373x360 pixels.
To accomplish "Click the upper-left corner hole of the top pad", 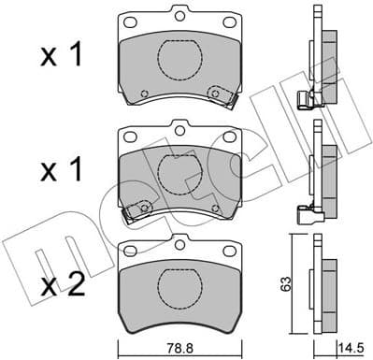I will pos(129,22).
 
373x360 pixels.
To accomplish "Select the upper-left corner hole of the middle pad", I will pos(129,132).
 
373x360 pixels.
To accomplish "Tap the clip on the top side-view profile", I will pos(304,100).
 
